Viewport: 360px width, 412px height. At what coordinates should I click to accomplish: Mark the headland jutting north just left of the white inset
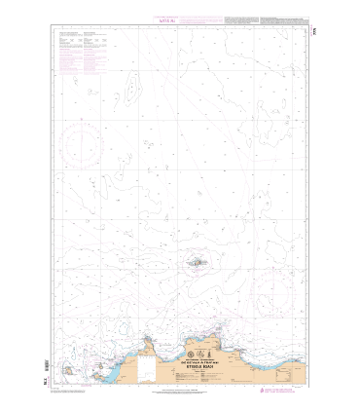146,341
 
